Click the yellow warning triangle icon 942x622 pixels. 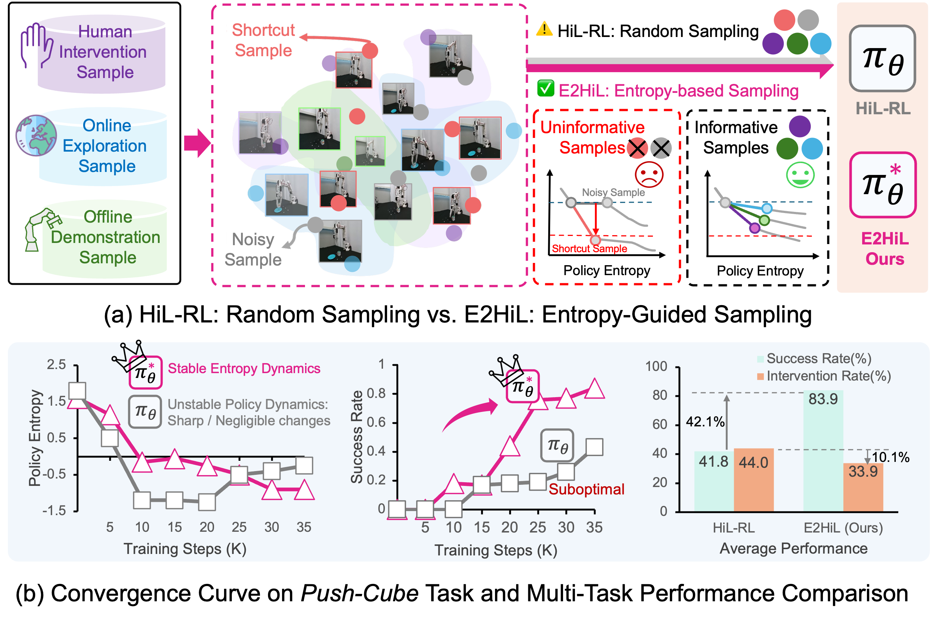tap(544, 29)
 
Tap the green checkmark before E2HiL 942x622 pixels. tap(546, 88)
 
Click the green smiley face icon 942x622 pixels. tap(800, 175)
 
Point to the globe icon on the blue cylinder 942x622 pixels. tap(36, 135)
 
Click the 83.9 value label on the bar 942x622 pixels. tap(823, 399)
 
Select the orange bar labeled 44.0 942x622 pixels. tap(754, 480)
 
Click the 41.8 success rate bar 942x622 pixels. tap(714, 481)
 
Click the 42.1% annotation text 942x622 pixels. tap(705, 422)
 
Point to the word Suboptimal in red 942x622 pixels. tap(586, 489)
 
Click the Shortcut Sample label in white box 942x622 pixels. tap(262, 40)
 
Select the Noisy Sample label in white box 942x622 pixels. tap(253, 250)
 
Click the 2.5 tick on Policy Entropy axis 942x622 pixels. tap(56, 365)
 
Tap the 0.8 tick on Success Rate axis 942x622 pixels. tap(376, 393)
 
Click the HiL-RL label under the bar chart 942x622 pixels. tap(733, 528)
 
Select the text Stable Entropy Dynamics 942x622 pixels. tap(244, 369)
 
